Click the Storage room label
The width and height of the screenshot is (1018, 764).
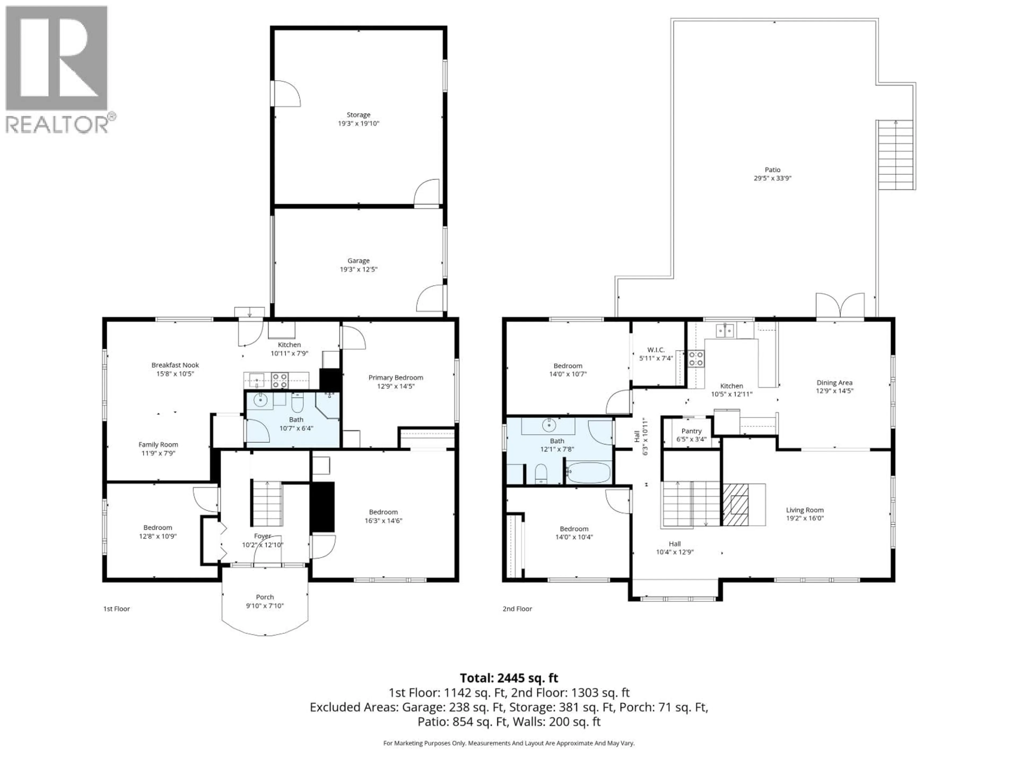coord(358,115)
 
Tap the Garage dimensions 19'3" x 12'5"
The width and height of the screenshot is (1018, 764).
coord(358,270)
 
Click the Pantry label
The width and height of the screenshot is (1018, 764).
coord(691,431)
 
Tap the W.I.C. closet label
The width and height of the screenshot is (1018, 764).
coord(656,350)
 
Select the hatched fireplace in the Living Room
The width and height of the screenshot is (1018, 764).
coord(735,505)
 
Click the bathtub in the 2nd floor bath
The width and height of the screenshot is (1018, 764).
coord(588,473)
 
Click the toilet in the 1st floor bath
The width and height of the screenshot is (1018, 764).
coord(297,403)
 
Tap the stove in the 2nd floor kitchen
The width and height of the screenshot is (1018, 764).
coord(696,359)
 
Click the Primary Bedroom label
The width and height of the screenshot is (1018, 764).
coord(395,378)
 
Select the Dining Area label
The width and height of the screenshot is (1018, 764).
coord(834,383)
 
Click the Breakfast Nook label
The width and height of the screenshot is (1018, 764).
coord(175,365)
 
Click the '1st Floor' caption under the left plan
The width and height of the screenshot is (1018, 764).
coord(116,609)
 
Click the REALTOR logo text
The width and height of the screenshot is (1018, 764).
coord(57,124)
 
